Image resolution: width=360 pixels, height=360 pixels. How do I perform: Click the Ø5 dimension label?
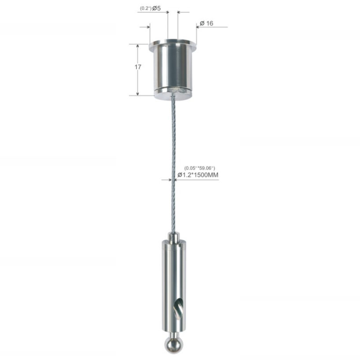pos(156,8)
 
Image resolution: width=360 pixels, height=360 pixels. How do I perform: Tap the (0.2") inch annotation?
pos(145,8)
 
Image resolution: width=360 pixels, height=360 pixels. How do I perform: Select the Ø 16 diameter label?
pos(206,23)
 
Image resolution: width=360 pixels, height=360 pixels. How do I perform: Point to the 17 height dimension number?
pos(138,67)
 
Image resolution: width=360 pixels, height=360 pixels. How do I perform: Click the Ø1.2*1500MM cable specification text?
pos(198,175)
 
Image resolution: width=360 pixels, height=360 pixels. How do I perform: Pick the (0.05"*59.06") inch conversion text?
pos(200,168)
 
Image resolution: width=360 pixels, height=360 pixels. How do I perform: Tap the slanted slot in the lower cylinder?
pos(178,308)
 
